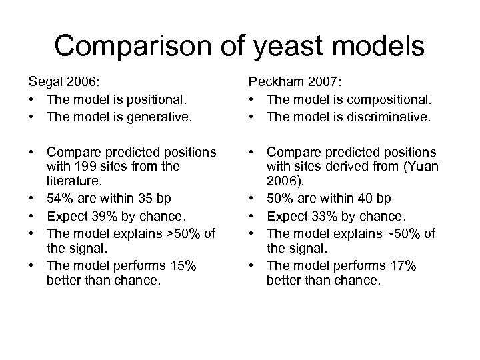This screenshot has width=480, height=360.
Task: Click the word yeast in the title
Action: [x=289, y=46]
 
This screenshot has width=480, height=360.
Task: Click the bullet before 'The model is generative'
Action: [x=31, y=117]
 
